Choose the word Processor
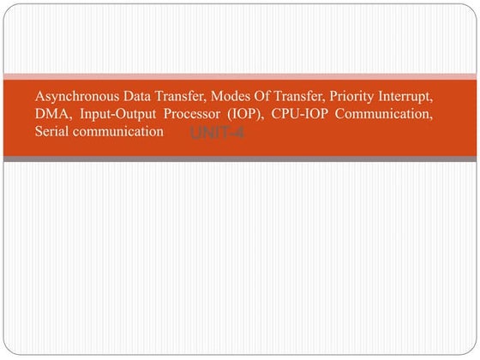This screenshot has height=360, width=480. (195, 114)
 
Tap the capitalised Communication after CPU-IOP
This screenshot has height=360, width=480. (393, 114)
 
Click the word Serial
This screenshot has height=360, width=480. (52, 132)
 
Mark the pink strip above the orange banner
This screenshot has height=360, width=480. (240, 76)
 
